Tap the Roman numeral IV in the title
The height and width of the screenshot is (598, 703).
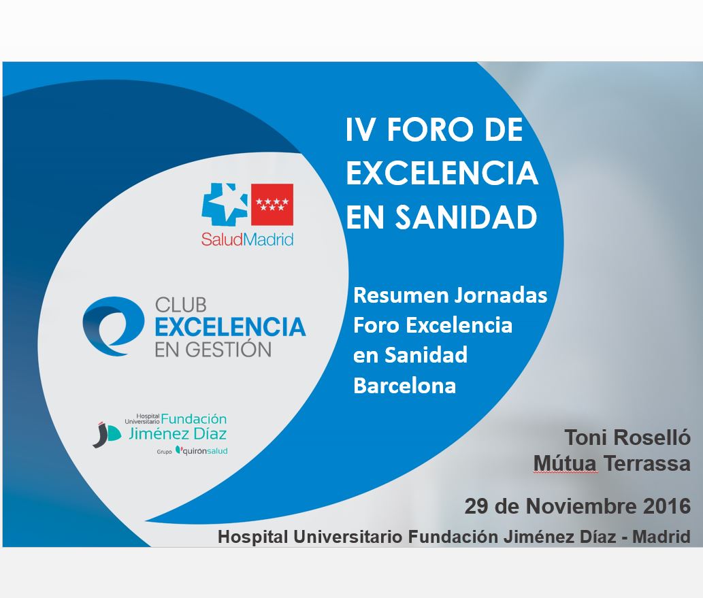(361, 130)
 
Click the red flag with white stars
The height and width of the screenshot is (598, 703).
(272, 204)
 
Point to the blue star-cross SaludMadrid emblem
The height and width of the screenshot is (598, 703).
(225, 203)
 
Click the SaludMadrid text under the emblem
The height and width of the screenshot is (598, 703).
(247, 239)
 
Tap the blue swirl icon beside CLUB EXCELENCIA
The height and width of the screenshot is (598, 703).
(113, 326)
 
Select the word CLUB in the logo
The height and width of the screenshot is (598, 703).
(180, 305)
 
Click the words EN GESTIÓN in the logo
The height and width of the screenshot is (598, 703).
(213, 350)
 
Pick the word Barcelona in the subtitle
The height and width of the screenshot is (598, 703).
(404, 386)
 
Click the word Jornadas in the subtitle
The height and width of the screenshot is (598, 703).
(501, 295)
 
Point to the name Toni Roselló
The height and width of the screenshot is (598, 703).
(627, 437)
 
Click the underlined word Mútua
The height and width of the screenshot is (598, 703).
(566, 463)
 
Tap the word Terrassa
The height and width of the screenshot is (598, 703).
(647, 463)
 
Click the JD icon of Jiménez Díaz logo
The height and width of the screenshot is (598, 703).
(107, 434)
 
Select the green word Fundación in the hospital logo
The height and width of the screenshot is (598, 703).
(194, 419)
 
